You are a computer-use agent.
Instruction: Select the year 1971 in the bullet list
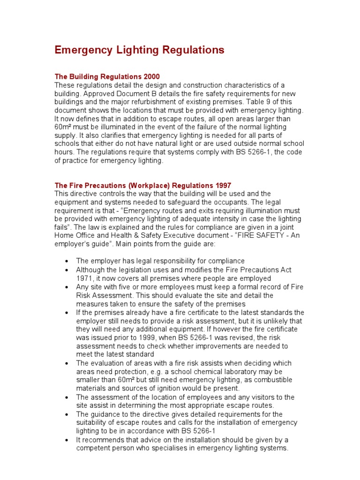[x=84, y=278]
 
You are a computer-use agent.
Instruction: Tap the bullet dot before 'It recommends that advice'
[x=67, y=440]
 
